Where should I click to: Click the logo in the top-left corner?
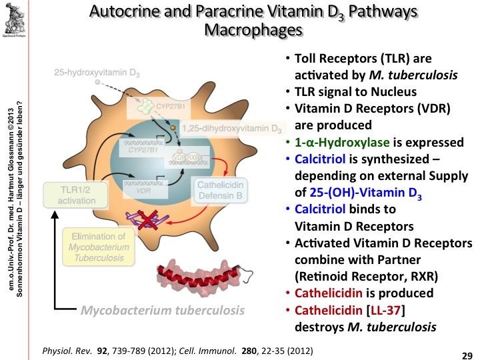coord(14,19)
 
